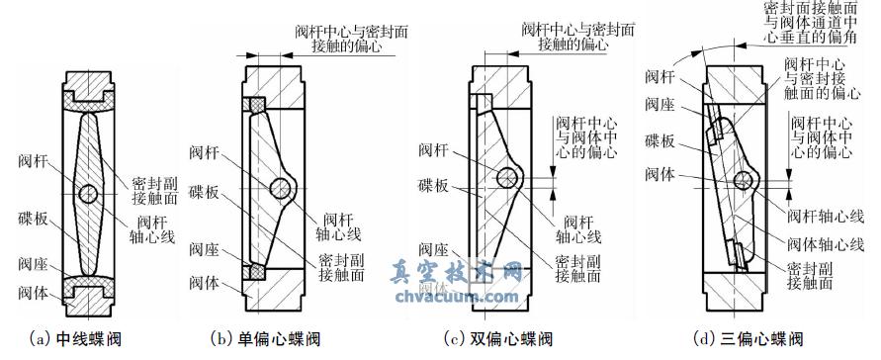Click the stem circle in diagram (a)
click(90, 192)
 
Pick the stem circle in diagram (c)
click(510, 178)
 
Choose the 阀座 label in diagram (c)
click(432, 252)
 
